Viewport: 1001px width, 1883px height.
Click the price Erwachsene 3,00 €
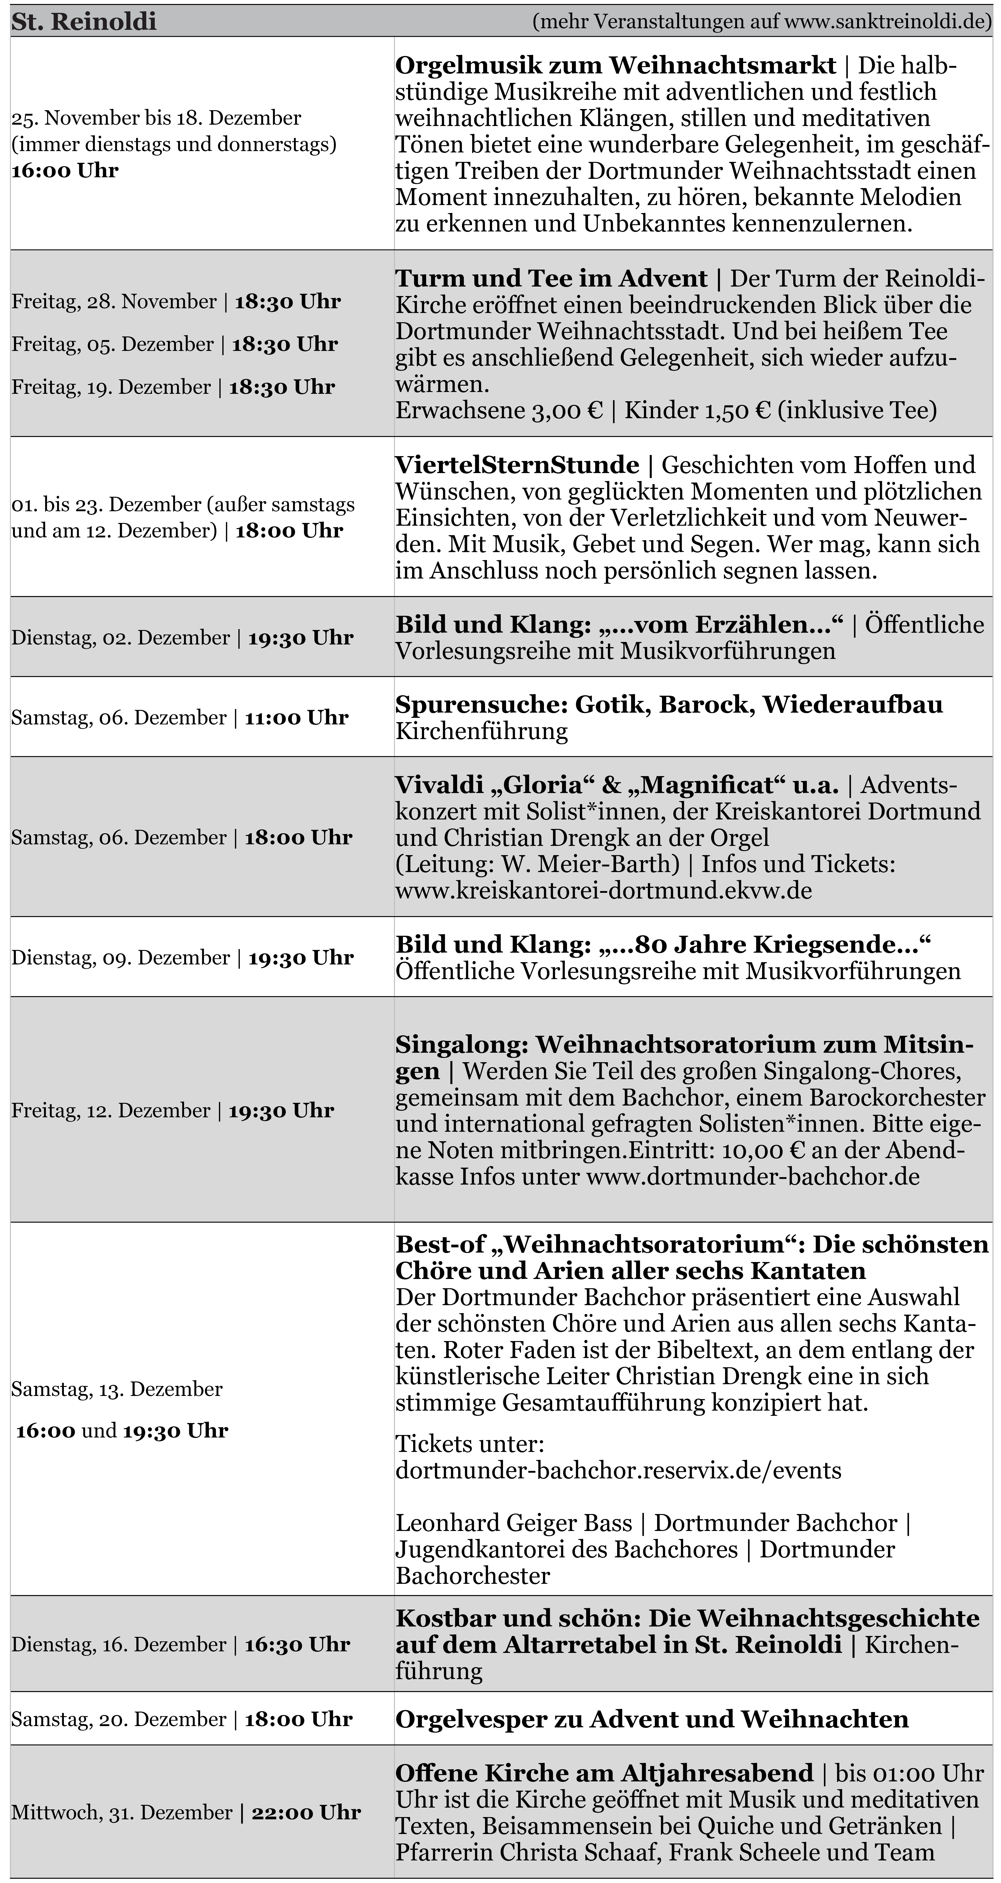pos(499,410)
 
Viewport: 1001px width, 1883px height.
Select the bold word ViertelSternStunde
pos(517,465)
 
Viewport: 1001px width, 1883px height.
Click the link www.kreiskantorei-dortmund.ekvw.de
pos(603,890)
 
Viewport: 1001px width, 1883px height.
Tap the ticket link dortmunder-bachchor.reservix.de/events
pos(618,1470)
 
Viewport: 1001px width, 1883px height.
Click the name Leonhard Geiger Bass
pos(513,1523)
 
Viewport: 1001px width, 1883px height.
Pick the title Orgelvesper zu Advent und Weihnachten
pos(651,1719)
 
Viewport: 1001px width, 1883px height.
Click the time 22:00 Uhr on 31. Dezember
pos(306,1812)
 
